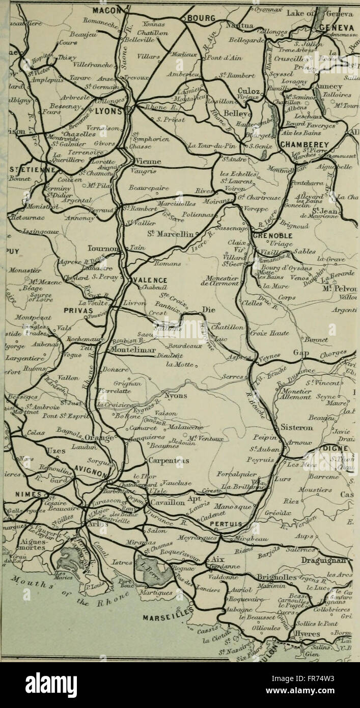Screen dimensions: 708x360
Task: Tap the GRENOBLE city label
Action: tap(273, 236)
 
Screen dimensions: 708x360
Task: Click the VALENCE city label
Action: tap(151, 280)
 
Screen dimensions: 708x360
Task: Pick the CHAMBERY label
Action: tap(305, 145)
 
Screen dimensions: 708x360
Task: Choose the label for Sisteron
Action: tap(297, 427)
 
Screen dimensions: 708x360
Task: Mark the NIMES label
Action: tap(24, 494)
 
